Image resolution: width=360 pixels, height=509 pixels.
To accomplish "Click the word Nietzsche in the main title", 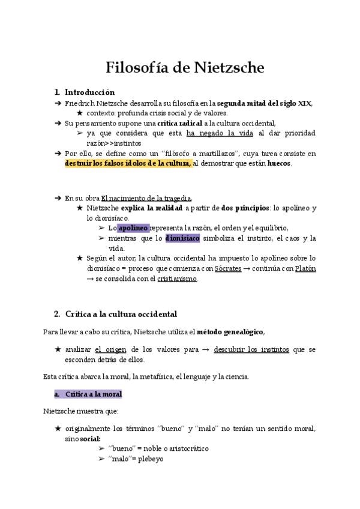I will pyautogui.click(x=229, y=67).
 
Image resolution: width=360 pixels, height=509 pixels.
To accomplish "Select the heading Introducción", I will pyautogui.click(x=89, y=92).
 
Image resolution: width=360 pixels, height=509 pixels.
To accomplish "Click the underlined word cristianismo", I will pyautogui.click(x=177, y=279).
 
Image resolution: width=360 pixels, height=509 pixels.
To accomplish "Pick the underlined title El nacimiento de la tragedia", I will pyautogui.click(x=146, y=198).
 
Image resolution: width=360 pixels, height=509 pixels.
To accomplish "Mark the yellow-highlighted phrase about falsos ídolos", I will pyautogui.click(x=128, y=163).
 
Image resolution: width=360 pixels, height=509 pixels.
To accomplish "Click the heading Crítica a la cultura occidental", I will pyautogui.click(x=121, y=314).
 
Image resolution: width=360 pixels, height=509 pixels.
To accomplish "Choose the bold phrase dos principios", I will pyautogui.click(x=245, y=208).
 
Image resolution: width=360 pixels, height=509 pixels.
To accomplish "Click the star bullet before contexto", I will pyautogui.click(x=80, y=113).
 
